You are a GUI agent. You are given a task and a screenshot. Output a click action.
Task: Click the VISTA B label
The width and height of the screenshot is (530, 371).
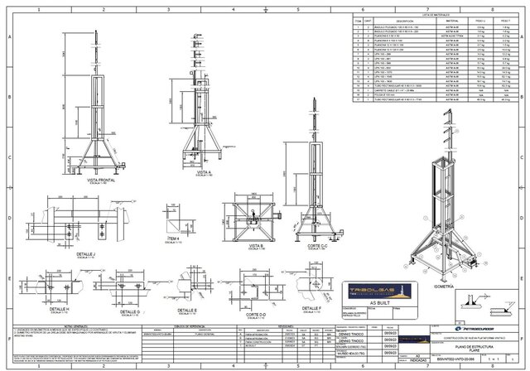click(x=256, y=246)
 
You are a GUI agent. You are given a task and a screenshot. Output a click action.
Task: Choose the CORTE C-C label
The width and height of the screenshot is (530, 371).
click(x=312, y=246)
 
